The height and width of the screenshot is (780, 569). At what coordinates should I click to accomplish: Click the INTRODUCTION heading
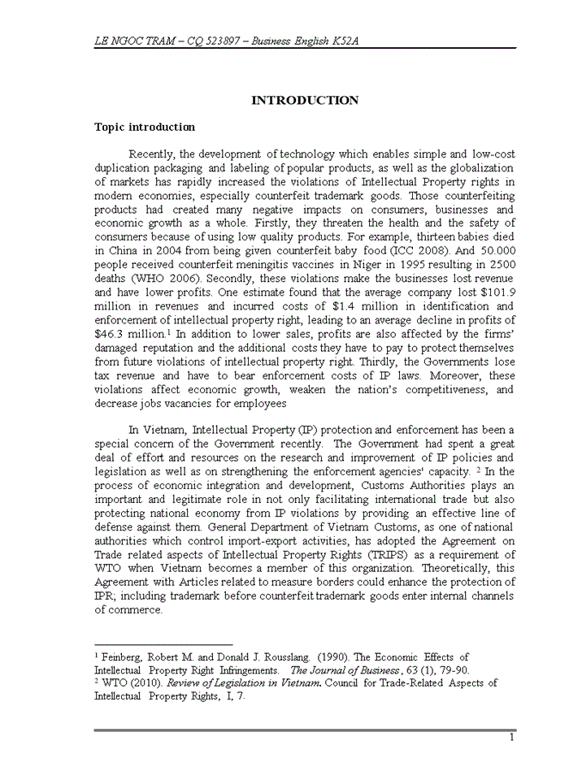(x=305, y=101)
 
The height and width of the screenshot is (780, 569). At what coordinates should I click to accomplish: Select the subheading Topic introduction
(x=145, y=128)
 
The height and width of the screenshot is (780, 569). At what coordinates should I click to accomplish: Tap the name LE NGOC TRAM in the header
(x=135, y=40)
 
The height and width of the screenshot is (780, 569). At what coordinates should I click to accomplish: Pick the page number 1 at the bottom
(x=511, y=738)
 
